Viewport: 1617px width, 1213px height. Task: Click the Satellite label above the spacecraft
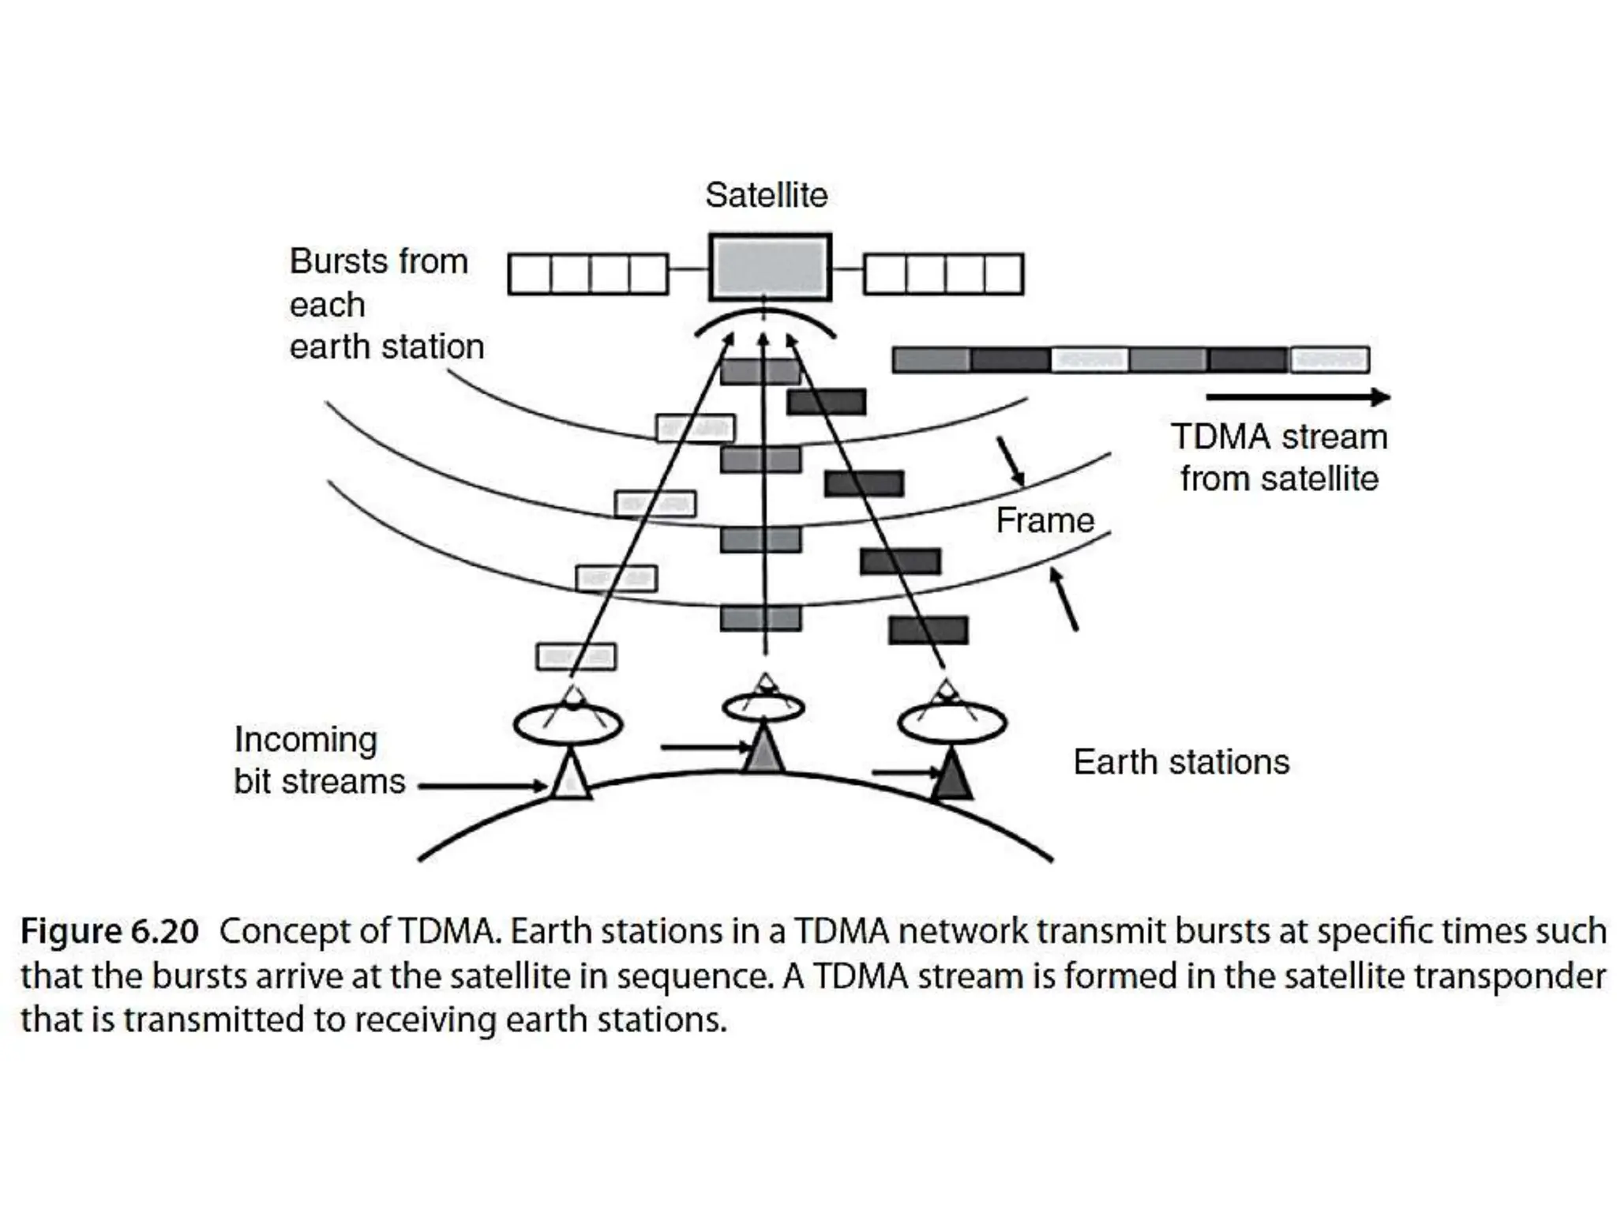[766, 195]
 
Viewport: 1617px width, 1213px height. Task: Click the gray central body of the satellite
[770, 268]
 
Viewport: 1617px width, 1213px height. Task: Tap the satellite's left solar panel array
[588, 273]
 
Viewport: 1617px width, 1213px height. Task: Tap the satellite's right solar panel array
[944, 273]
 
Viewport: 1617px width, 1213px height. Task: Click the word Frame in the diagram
[1045, 520]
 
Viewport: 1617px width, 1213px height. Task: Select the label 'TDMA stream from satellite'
[1278, 457]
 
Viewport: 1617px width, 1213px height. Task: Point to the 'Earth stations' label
[1181, 762]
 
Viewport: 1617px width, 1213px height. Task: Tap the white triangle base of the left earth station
[570, 778]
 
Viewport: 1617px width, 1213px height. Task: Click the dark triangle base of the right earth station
[951, 776]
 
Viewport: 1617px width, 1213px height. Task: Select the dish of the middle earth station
[763, 706]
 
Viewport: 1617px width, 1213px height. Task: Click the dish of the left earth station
[568, 723]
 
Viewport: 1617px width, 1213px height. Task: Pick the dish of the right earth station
[952, 722]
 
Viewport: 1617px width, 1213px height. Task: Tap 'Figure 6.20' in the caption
[109, 931]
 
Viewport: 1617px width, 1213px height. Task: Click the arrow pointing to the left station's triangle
[482, 786]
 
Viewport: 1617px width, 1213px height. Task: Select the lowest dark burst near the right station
[928, 630]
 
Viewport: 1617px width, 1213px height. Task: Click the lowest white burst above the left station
[576, 656]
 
